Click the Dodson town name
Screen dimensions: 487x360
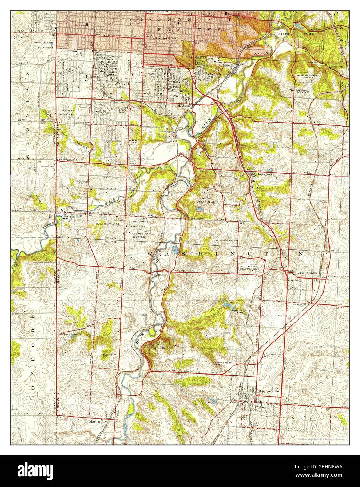click(x=184, y=105)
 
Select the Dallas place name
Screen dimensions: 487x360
click(x=77, y=216)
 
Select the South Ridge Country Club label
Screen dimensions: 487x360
click(x=251, y=268)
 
